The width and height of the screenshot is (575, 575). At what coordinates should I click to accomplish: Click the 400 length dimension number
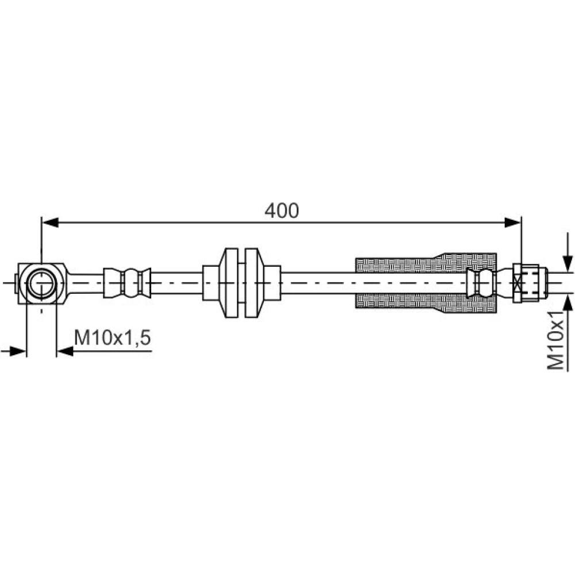pyautogui.click(x=282, y=210)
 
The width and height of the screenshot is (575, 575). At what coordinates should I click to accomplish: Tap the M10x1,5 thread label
pyautogui.click(x=113, y=338)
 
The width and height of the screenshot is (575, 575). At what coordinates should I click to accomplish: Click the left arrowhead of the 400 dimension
pyautogui.click(x=50, y=222)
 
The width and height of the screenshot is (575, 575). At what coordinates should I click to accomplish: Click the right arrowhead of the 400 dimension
pyautogui.click(x=513, y=222)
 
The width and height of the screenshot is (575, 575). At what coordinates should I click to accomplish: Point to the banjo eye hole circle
pyautogui.click(x=42, y=283)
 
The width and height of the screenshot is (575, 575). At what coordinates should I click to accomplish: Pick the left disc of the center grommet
pyautogui.click(x=231, y=283)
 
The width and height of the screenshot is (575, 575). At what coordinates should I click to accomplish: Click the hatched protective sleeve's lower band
pyautogui.click(x=427, y=303)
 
